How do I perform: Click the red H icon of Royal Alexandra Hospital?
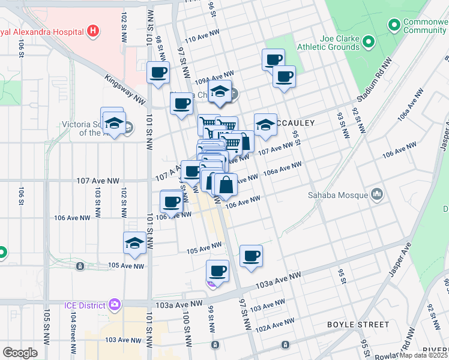pos(92,30)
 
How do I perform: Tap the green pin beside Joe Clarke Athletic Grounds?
pos(369,42)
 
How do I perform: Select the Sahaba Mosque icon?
pos(377,194)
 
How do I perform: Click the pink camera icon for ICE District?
pos(115,305)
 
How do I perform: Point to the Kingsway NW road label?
pos(125,88)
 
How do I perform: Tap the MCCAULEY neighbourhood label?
pos(295,123)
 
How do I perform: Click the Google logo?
pos(20,353)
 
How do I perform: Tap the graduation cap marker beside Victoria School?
pos(112,123)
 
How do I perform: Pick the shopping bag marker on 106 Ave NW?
pos(225,184)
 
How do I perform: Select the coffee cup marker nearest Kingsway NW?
pos(158,73)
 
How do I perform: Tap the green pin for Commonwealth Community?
pos(394,25)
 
